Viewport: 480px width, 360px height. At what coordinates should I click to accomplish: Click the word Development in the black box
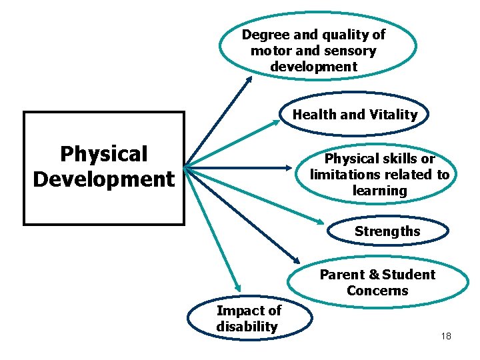pyautogui.click(x=103, y=179)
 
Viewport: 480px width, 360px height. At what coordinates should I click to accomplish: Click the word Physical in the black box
pyautogui.click(x=103, y=154)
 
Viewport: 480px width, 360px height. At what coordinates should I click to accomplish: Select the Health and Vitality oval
pyautogui.click(x=355, y=115)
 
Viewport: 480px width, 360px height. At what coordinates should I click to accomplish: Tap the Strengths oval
pyautogui.click(x=387, y=232)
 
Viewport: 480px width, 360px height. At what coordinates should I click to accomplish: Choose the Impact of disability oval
pyautogui.click(x=249, y=319)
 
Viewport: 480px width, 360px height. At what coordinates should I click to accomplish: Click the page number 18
pyautogui.click(x=446, y=336)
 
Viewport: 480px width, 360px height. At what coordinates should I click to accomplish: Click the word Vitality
pyautogui.click(x=393, y=115)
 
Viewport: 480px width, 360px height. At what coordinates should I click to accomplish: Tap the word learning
pyautogui.click(x=379, y=191)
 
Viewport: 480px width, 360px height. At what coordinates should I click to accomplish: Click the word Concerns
pyautogui.click(x=377, y=291)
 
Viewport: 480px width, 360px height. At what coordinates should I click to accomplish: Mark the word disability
pyautogui.click(x=247, y=327)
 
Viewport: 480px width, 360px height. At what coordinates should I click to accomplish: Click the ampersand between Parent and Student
pyautogui.click(x=374, y=275)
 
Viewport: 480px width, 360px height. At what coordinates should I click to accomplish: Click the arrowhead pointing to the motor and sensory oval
pyautogui.click(x=249, y=79)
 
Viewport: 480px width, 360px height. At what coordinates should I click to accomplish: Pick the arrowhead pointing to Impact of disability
pyautogui.click(x=237, y=285)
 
